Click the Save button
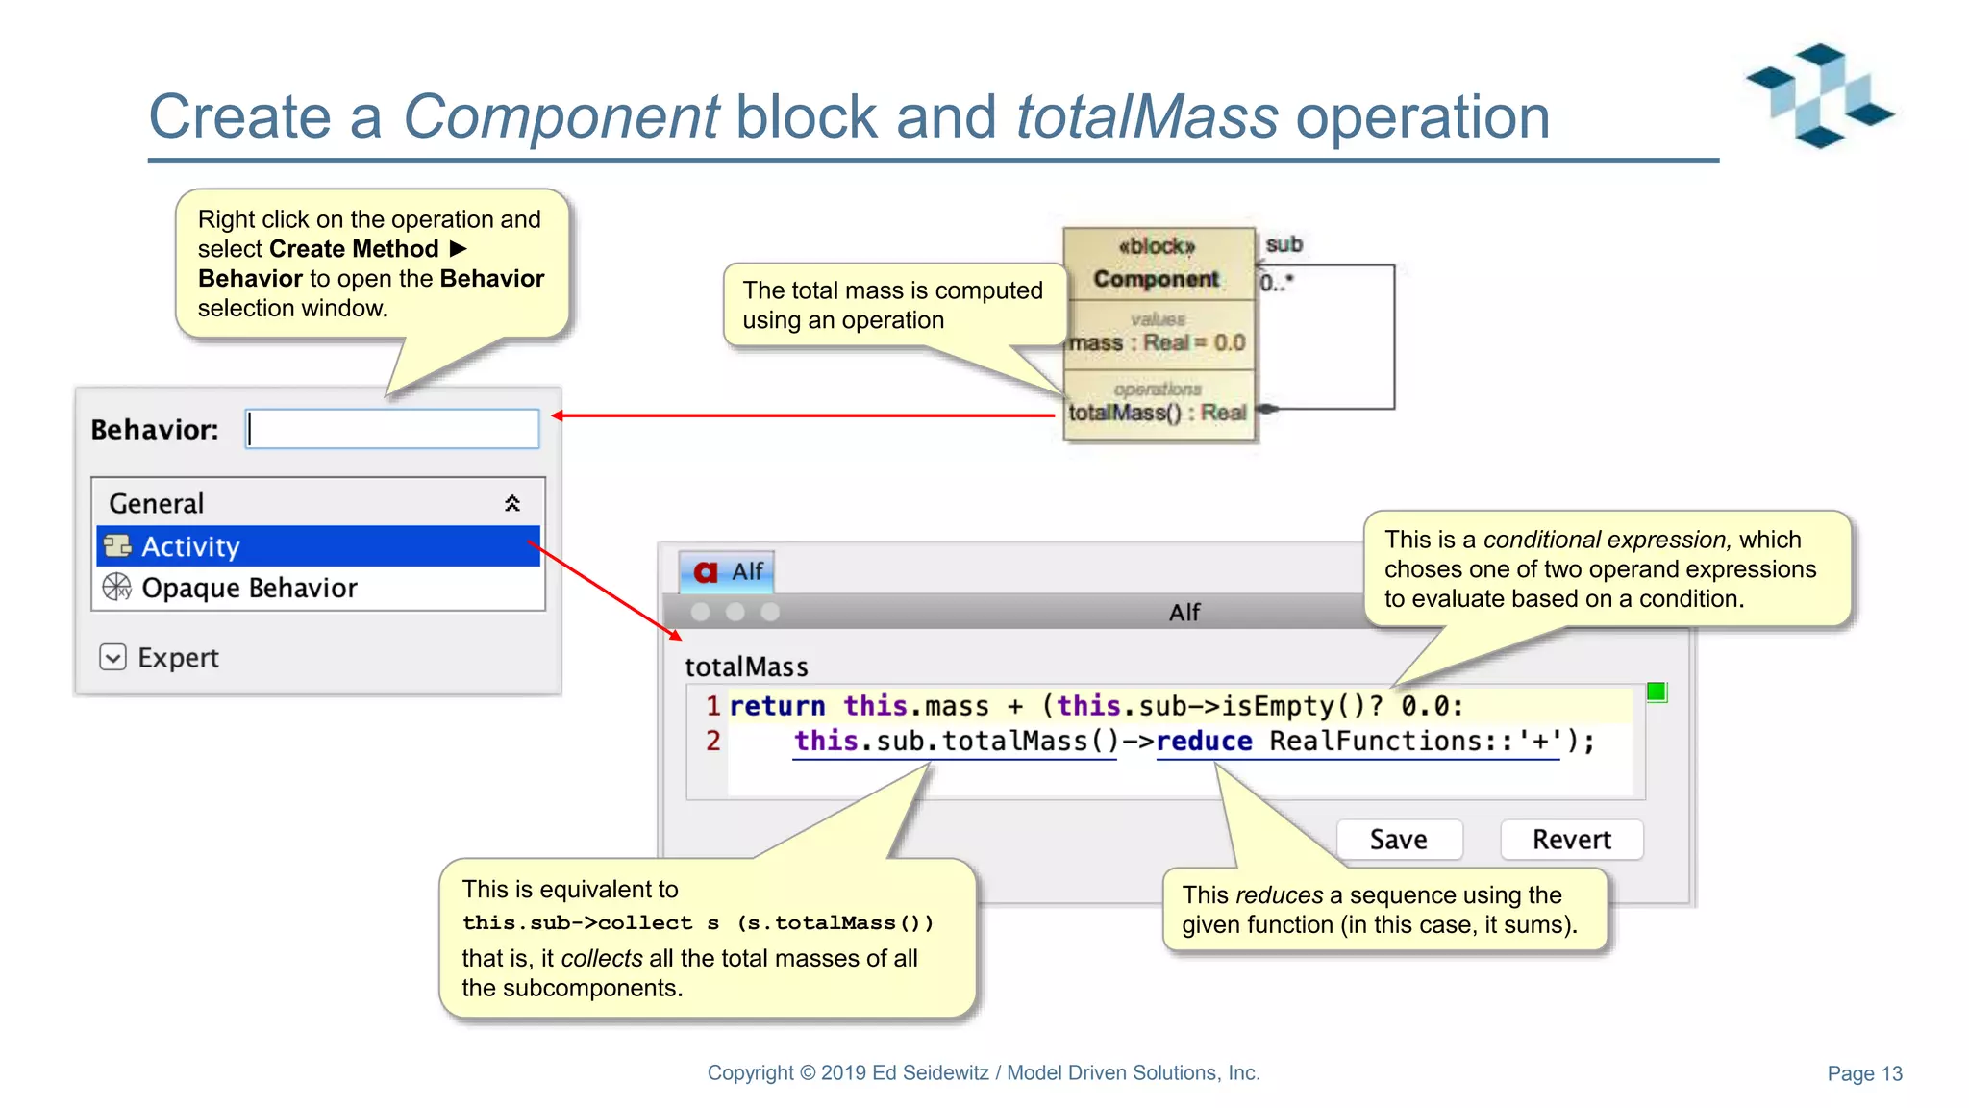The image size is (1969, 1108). coord(1399,839)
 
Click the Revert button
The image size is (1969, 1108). coord(1571,839)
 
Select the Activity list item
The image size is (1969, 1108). coord(317,546)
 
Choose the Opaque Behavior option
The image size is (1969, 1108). coord(248,588)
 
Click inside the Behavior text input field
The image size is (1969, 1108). coord(392,429)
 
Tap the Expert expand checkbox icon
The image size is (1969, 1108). coord(113,657)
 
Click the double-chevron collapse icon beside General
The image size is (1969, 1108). coord(512,503)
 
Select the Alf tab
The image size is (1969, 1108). coord(727,571)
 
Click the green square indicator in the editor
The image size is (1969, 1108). coord(1656,692)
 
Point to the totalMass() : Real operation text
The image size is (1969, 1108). coord(1157,413)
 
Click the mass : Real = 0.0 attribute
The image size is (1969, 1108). coord(1157,342)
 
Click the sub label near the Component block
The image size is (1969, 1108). coord(1284,244)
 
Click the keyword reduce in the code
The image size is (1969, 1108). coord(1204,741)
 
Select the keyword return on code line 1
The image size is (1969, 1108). coord(777,706)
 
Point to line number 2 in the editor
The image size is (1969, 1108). coord(712,741)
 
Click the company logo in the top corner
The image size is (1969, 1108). coord(1819,94)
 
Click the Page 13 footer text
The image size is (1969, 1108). coord(1864,1073)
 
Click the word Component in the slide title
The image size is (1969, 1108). coord(561,117)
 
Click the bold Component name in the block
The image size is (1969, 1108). coord(1156,279)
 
